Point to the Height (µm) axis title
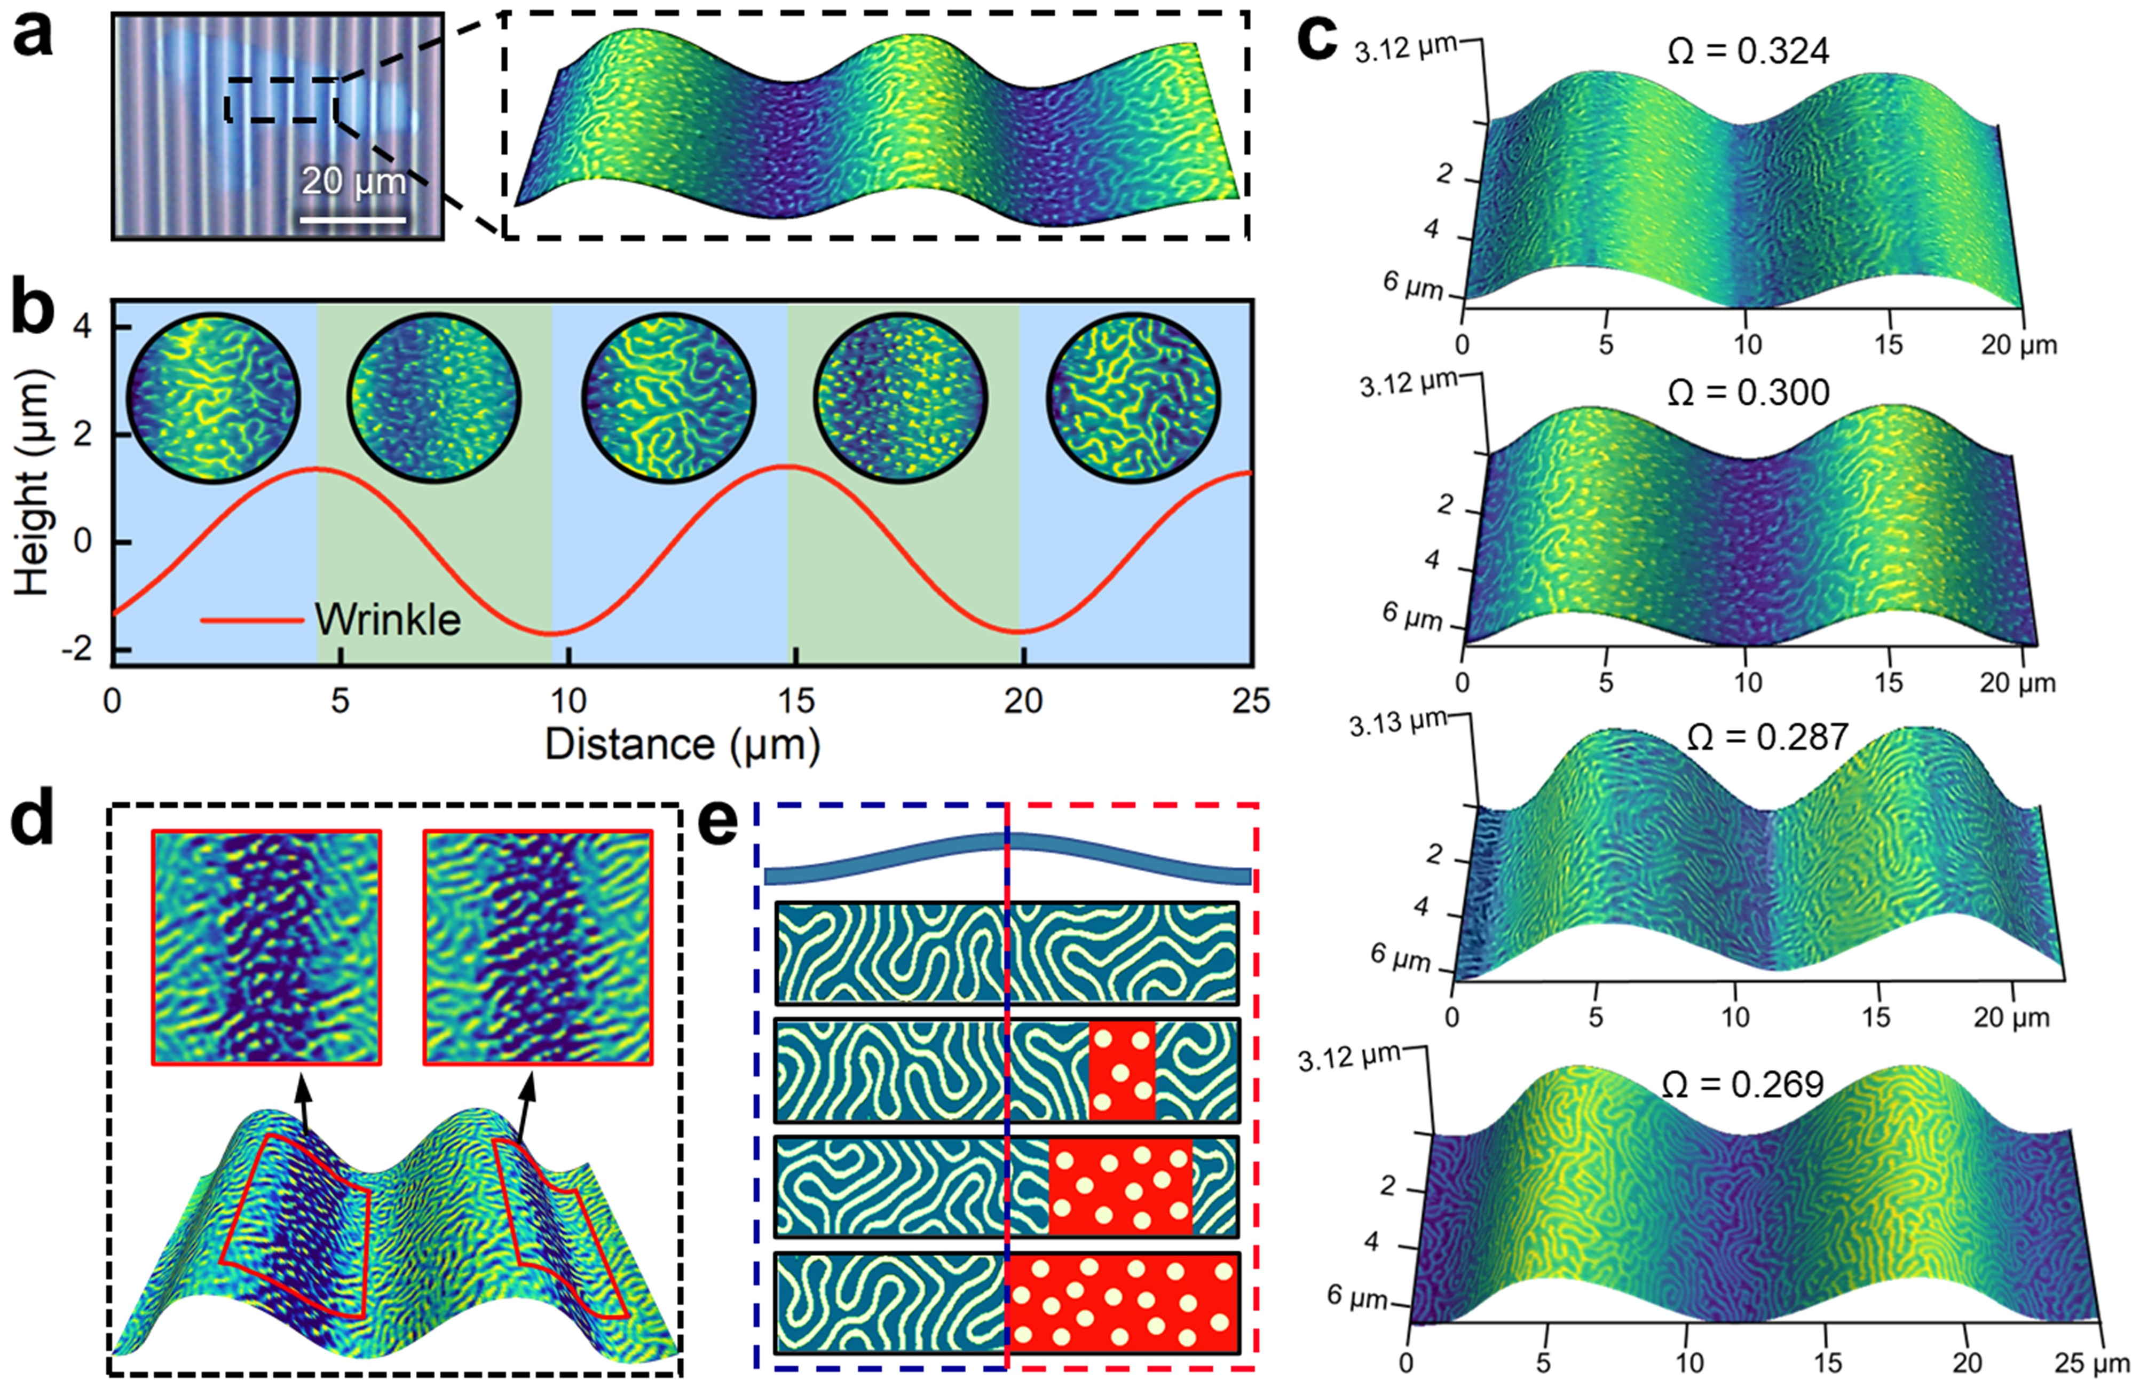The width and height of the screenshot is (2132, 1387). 33,484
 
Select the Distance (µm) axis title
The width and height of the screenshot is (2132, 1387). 683,744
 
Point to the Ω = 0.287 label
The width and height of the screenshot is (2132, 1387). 1766,737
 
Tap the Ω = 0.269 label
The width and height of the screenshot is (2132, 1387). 1742,1084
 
